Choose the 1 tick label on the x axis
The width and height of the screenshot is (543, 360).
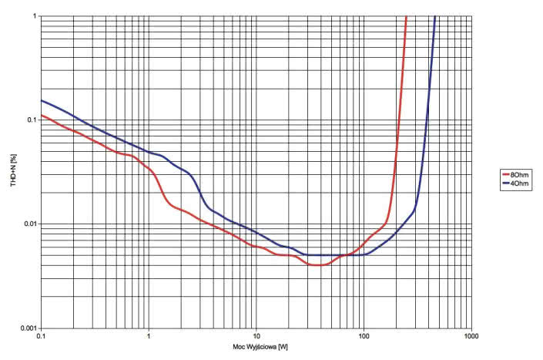(149, 337)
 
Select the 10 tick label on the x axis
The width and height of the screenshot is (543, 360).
(256, 337)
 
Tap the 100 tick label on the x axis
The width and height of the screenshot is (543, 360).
(364, 337)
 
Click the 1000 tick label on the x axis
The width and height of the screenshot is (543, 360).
(471, 337)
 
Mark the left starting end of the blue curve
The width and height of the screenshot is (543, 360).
(42, 101)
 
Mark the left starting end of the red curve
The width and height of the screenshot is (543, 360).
(42, 116)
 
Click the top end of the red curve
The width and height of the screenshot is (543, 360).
(406, 16)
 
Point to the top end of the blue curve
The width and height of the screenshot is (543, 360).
(435, 16)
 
